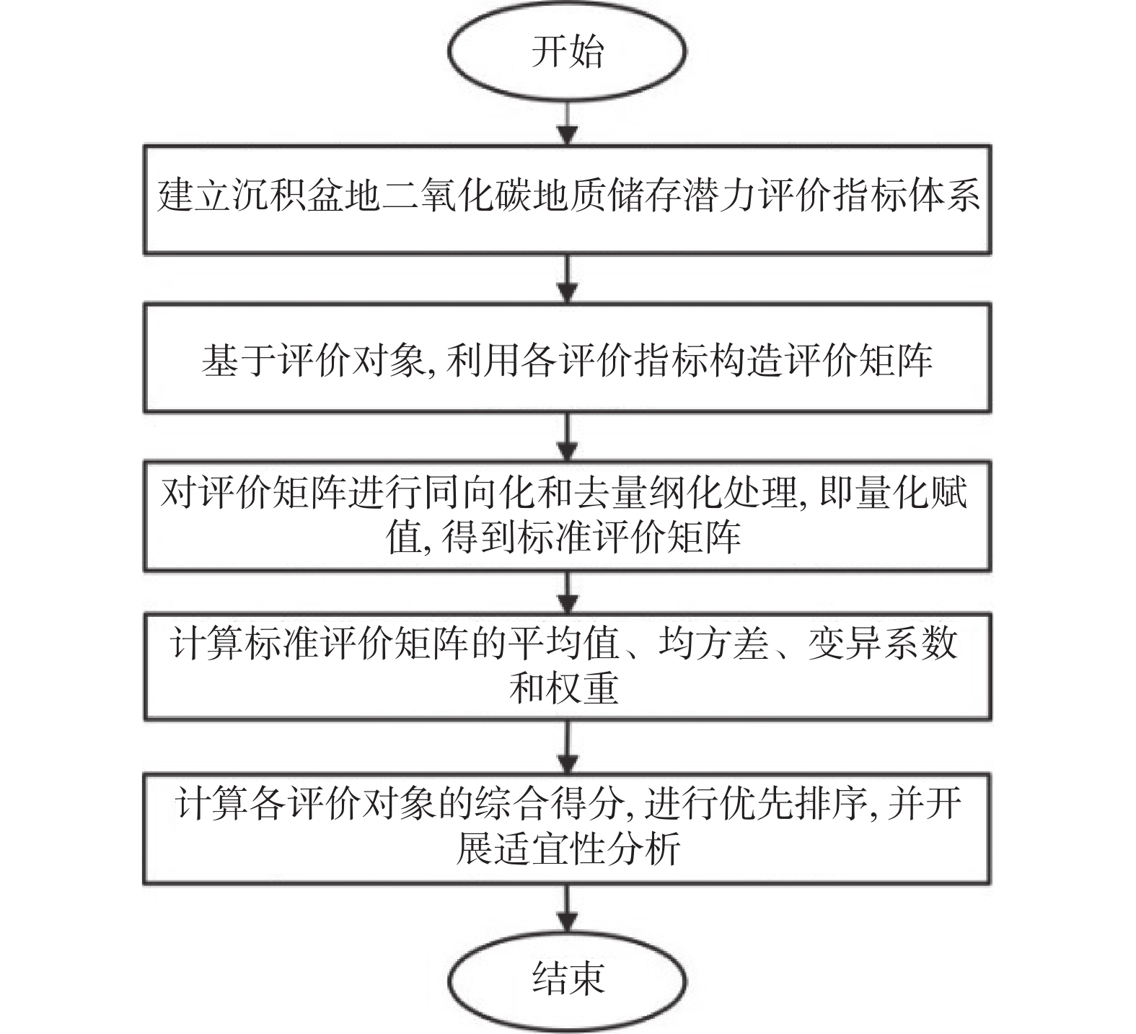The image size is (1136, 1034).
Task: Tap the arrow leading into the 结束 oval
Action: pyautogui.click(x=568, y=910)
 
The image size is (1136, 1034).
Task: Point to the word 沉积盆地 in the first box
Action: pyautogui.click(x=307, y=196)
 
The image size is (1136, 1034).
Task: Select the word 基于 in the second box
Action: pyautogui.click(x=238, y=359)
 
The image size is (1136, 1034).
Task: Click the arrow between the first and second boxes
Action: pyautogui.click(x=568, y=279)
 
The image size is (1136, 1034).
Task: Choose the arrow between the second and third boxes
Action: pyautogui.click(x=568, y=437)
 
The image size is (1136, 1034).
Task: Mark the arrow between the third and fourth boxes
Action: pyautogui.click(x=568, y=592)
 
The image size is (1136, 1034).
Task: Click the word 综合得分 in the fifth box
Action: pyautogui.click(x=547, y=803)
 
